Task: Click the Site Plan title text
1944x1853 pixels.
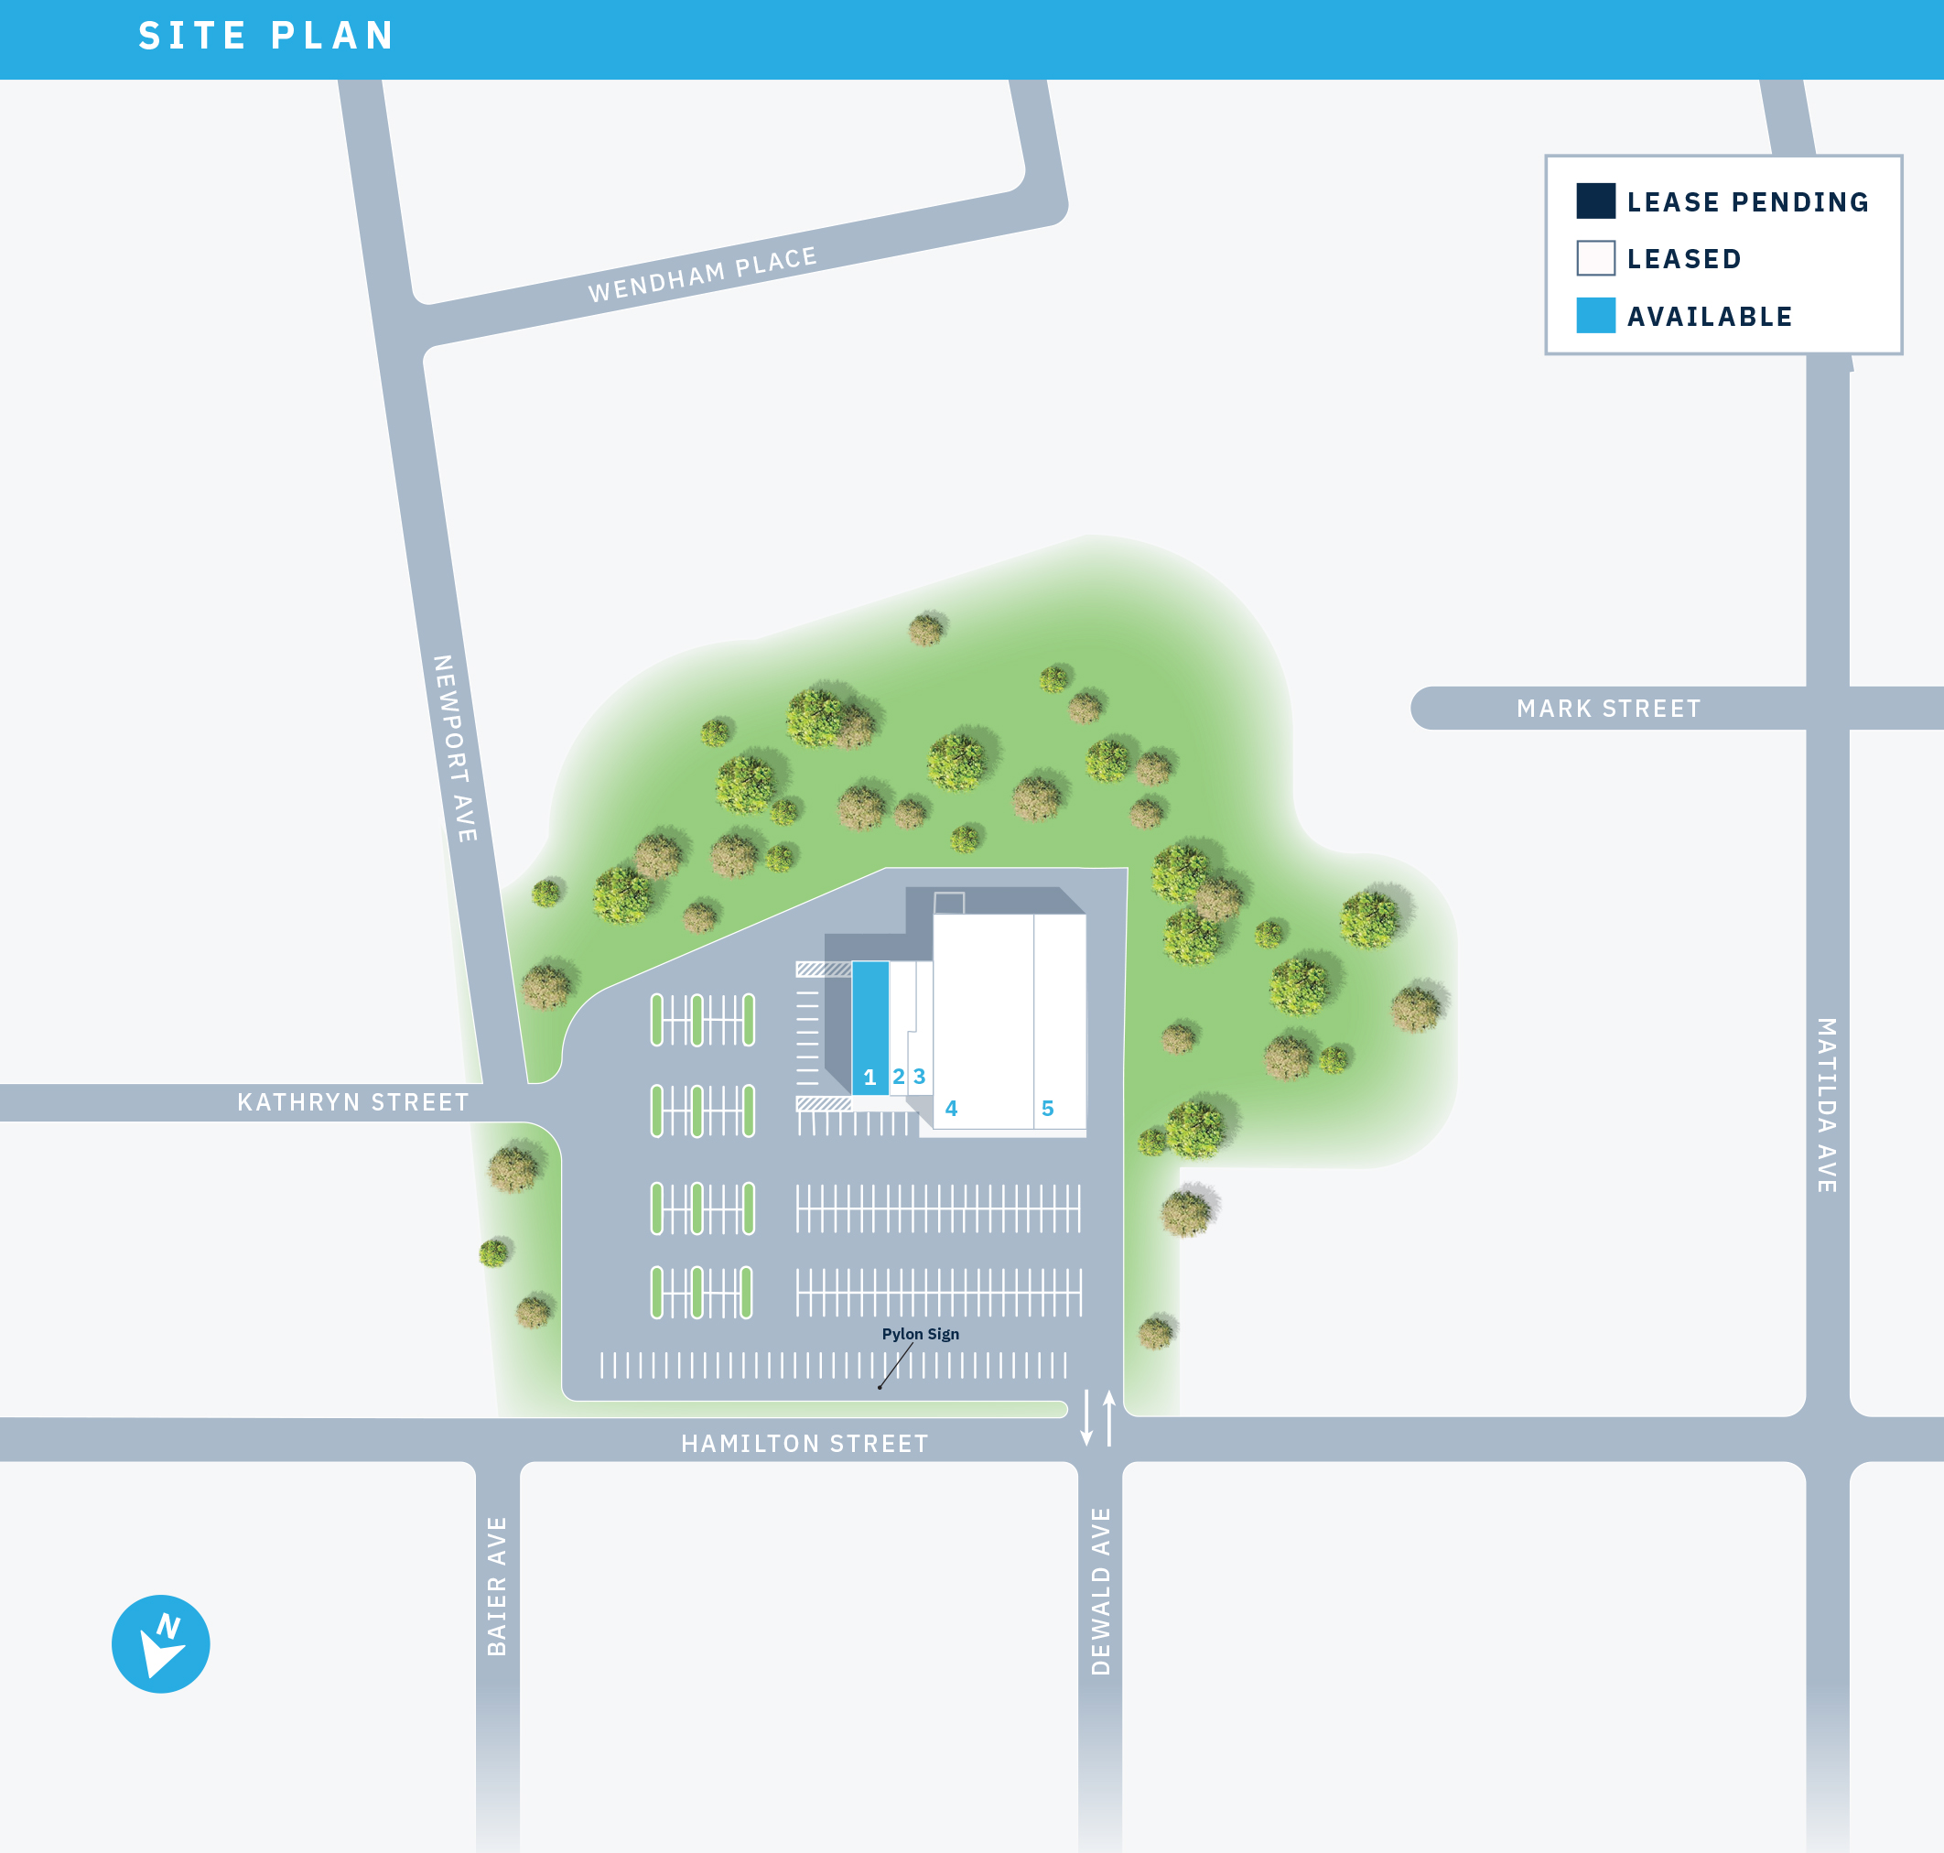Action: click(266, 37)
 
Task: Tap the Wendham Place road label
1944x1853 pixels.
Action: click(702, 275)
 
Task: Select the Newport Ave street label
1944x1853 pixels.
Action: click(455, 748)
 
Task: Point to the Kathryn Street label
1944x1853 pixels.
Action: click(352, 1102)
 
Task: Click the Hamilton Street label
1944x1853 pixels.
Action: click(805, 1444)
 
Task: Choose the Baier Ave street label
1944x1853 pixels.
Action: click(497, 1586)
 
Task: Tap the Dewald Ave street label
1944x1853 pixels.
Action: click(1101, 1590)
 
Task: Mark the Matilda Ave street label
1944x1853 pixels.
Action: click(1828, 1105)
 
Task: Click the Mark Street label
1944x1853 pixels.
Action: click(1608, 709)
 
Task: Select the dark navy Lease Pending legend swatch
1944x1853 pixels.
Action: click(1595, 200)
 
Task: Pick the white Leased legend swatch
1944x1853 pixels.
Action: click(1595, 258)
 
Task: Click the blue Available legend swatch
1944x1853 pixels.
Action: click(1595, 315)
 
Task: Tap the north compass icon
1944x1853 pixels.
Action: click(161, 1643)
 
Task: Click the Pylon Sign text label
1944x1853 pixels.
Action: click(920, 1334)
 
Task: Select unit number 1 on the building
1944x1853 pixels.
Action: click(869, 1078)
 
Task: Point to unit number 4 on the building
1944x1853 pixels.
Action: click(951, 1109)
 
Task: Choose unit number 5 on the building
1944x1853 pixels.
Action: click(1048, 1109)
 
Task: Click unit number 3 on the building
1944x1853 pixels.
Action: click(919, 1076)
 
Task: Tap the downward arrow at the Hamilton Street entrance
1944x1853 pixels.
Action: click(1086, 1418)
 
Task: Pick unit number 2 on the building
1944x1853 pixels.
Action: click(899, 1077)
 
